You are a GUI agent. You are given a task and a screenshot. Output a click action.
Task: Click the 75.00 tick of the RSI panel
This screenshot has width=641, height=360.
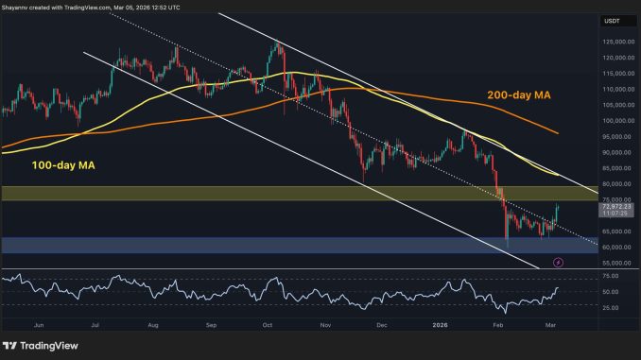(609, 276)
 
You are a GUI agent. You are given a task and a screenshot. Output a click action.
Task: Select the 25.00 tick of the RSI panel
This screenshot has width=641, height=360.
(609, 308)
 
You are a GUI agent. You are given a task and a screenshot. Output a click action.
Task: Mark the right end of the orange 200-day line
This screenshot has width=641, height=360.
(559, 133)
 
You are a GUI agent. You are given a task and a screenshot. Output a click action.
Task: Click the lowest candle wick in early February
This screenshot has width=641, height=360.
(507, 248)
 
